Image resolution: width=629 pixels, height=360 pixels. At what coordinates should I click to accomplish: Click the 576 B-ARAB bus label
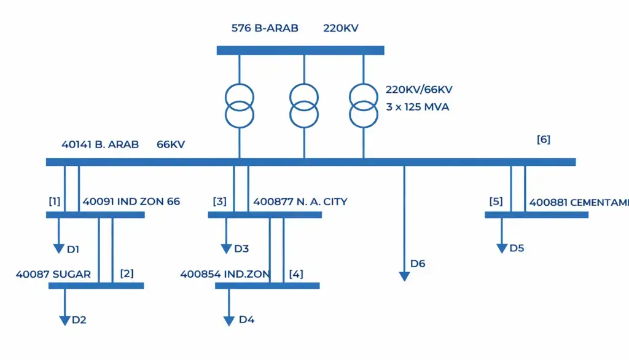(265, 28)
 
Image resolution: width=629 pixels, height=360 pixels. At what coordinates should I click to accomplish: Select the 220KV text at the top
(341, 28)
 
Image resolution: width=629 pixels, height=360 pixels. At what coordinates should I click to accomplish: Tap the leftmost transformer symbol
(240, 106)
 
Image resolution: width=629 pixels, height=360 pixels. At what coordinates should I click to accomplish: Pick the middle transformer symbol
(305, 106)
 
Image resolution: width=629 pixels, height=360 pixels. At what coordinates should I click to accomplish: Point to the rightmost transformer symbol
(364, 106)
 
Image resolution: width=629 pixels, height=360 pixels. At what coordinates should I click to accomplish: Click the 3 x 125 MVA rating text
(417, 107)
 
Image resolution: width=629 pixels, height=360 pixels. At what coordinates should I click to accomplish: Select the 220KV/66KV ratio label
(419, 90)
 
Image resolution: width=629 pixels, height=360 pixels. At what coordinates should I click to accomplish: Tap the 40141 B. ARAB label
(100, 145)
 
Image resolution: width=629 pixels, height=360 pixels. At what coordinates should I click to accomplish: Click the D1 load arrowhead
(59, 248)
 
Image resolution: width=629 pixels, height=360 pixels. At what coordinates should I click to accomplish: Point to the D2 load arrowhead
(65, 320)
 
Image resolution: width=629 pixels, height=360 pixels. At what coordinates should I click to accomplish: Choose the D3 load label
(241, 249)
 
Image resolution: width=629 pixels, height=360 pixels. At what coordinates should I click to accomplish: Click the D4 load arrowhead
(229, 320)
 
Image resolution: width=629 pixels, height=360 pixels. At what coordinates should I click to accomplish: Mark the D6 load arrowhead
(404, 276)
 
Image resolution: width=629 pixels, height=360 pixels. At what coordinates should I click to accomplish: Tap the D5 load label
(517, 248)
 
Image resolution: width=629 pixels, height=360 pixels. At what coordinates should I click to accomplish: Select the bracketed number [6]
(543, 139)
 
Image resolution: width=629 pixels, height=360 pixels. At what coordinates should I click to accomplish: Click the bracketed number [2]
(127, 273)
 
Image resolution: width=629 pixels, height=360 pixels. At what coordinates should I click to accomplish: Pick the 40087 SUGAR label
(53, 274)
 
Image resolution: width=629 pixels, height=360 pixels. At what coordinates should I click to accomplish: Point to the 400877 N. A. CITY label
(300, 202)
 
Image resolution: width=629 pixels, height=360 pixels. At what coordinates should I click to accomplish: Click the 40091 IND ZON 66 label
(131, 202)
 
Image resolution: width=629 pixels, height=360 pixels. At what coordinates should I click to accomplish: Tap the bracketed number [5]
(496, 202)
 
